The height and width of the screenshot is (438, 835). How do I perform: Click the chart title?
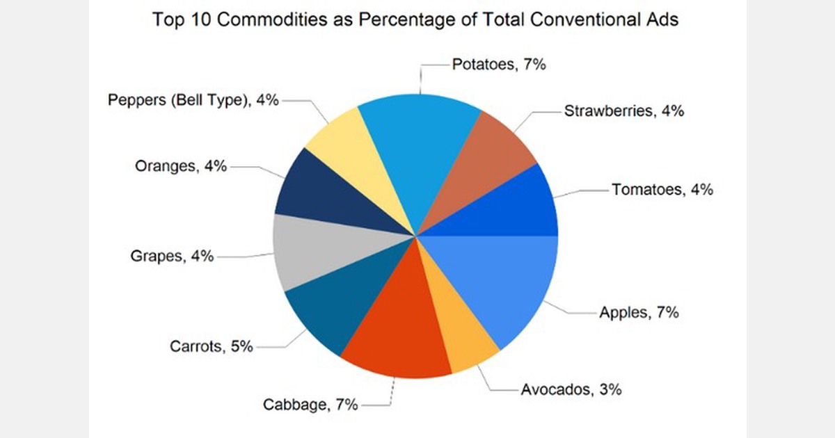point(415,19)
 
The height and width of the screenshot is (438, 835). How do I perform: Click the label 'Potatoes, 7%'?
point(499,65)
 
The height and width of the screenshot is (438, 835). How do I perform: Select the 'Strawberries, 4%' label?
point(624,111)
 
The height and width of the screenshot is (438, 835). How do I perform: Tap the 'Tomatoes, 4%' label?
point(662,189)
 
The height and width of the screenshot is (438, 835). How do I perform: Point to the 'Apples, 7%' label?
point(639,312)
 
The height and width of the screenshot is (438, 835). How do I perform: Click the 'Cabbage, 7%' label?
point(310,404)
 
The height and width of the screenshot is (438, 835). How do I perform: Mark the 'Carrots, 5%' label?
point(211,346)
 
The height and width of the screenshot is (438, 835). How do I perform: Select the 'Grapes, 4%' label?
point(172,256)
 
